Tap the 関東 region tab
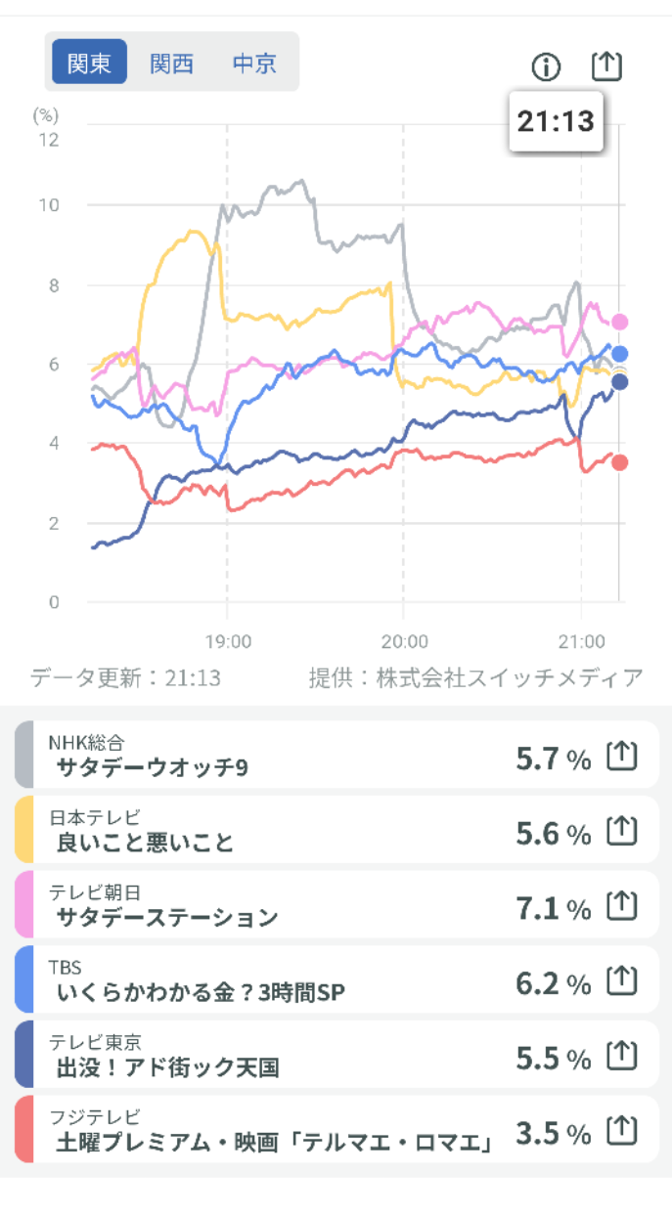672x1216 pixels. (x=89, y=64)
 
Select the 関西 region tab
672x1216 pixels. (x=171, y=64)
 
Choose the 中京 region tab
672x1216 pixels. (x=254, y=64)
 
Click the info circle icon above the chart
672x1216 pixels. (x=547, y=66)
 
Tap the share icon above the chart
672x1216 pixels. (x=606, y=65)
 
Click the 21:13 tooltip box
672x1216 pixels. (x=556, y=121)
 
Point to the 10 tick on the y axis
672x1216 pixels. (x=48, y=205)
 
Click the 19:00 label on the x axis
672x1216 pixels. (x=228, y=642)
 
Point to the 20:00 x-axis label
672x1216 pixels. (x=404, y=642)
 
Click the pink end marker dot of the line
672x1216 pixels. (x=619, y=322)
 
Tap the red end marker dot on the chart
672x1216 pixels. (x=619, y=462)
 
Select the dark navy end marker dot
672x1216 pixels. (x=619, y=381)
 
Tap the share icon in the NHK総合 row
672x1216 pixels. (x=622, y=756)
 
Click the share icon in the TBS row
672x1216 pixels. (x=622, y=980)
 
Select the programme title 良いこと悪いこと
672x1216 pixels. (x=145, y=843)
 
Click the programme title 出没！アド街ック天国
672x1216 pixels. (x=167, y=1067)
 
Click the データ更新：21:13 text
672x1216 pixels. (x=126, y=677)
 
